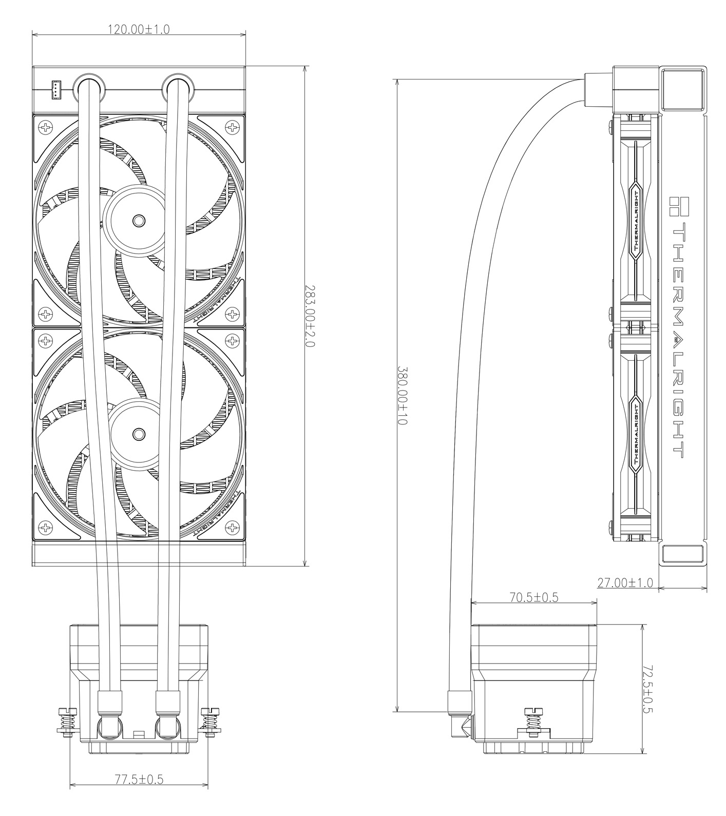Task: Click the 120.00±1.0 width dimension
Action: click(x=138, y=29)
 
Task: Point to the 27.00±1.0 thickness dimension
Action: click(x=625, y=582)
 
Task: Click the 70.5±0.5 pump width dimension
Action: click(x=534, y=597)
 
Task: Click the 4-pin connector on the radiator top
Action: click(x=55, y=90)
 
